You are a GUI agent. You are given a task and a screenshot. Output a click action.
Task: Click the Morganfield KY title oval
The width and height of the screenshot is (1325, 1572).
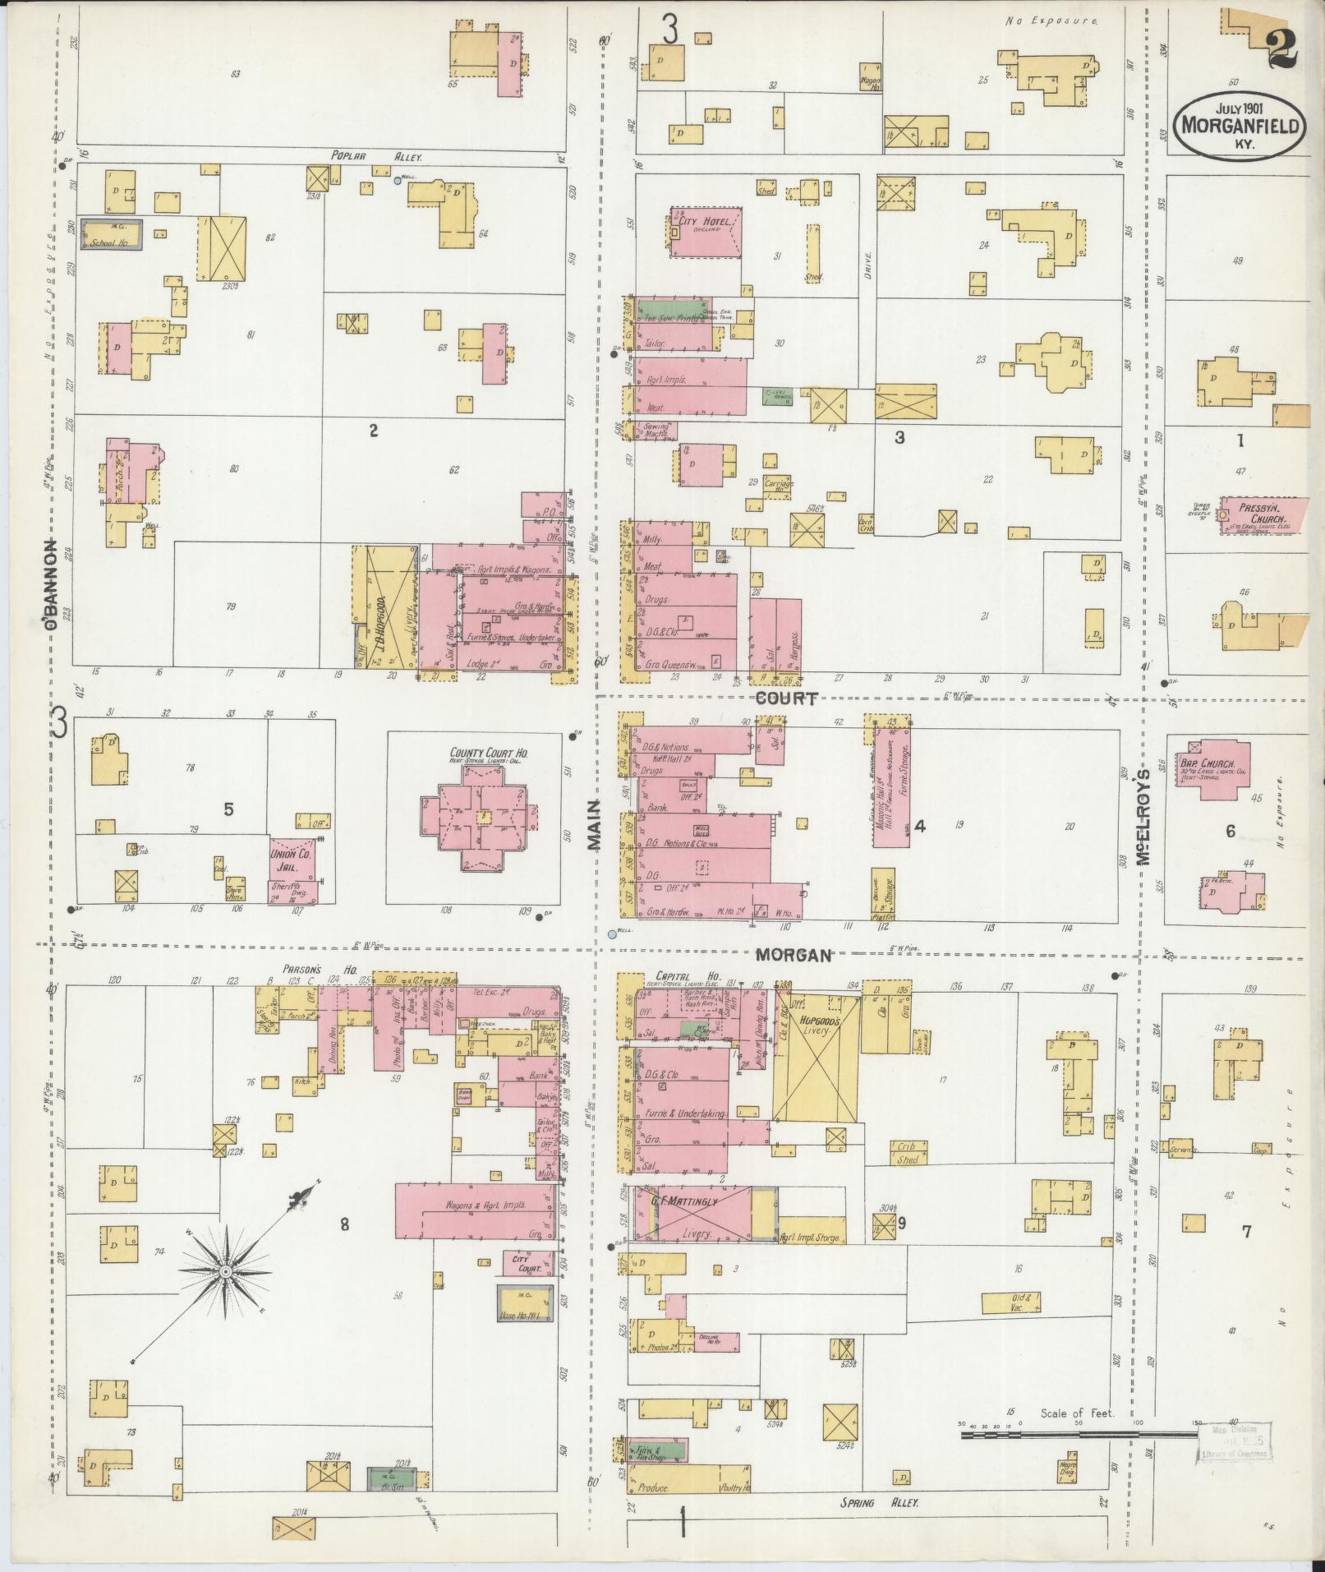[x=1240, y=125]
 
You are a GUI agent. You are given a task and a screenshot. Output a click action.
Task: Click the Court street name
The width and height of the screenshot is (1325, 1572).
[x=786, y=698]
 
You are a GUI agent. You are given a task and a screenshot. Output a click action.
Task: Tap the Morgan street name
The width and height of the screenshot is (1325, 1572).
[x=793, y=956]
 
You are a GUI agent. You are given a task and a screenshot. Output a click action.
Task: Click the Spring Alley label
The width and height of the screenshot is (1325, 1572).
[x=877, y=1502]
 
